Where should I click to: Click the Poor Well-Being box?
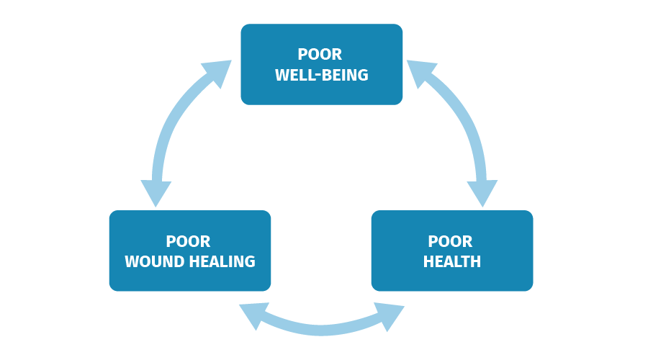322,65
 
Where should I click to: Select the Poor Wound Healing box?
190,251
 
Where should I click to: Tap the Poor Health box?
452,251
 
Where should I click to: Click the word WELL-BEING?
322,75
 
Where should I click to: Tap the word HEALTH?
452,261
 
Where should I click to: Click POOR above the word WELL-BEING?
320,54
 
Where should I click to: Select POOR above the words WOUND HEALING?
188,241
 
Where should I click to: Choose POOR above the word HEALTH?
450,241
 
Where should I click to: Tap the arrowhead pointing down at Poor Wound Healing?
156,193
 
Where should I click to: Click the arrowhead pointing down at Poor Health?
482,193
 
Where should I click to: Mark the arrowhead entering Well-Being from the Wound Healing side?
218,71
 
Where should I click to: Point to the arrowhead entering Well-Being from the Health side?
420,71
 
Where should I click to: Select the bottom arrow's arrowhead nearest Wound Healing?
253,315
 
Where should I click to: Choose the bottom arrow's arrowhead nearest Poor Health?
390,316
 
